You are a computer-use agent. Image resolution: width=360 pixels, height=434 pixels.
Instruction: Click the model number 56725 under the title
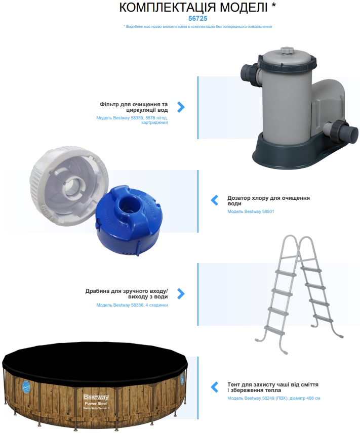tap(197, 19)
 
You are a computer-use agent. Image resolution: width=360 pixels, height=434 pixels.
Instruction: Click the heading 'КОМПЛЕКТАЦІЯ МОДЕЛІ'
tap(193, 8)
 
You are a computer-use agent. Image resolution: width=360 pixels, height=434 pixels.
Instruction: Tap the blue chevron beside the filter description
tap(181, 107)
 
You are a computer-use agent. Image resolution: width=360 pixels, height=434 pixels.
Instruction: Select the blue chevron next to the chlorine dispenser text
tap(215, 200)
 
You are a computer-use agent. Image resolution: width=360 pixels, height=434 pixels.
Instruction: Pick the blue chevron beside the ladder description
tap(181, 294)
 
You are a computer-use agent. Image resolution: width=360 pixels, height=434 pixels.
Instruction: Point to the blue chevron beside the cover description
tap(215, 387)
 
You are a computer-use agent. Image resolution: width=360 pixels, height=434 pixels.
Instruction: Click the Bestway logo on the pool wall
tap(96, 398)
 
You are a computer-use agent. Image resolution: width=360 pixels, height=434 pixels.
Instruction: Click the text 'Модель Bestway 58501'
tap(251, 211)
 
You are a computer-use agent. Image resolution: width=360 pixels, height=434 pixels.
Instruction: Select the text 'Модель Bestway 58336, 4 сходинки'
tap(132, 305)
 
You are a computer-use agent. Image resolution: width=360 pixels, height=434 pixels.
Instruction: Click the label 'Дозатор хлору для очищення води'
tap(268, 201)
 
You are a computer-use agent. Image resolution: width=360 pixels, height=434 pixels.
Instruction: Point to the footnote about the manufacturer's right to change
tap(197, 27)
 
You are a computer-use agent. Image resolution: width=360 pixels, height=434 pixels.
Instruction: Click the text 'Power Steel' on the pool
tap(96, 404)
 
